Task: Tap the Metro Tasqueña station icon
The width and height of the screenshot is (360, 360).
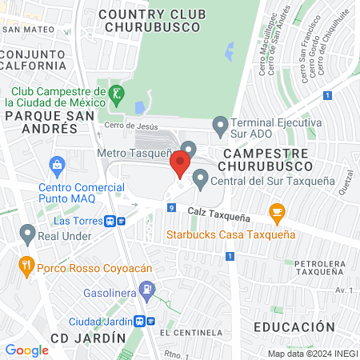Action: [189, 150]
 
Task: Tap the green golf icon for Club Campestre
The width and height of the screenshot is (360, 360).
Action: [117, 94]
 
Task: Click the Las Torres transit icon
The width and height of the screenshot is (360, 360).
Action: [121, 221]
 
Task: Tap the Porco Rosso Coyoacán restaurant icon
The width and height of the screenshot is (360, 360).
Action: [26, 264]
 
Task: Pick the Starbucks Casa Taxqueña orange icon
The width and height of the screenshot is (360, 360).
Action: [278, 213]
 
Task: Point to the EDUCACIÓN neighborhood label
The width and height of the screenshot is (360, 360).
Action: [294, 327]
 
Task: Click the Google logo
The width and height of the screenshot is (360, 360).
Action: [26, 350]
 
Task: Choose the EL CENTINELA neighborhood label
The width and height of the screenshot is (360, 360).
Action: [190, 332]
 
